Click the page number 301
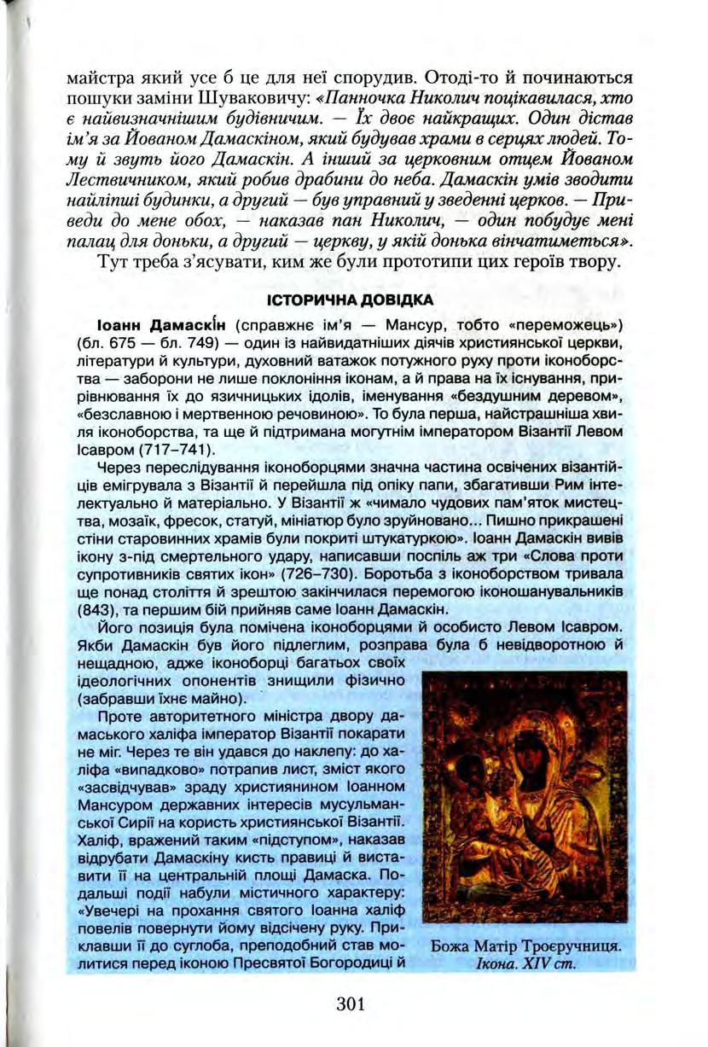pos(351,1003)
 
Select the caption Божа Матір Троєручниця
pos(525,948)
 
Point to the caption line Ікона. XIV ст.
pos(525,965)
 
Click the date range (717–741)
pos(182,449)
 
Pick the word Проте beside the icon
pos(119,716)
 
